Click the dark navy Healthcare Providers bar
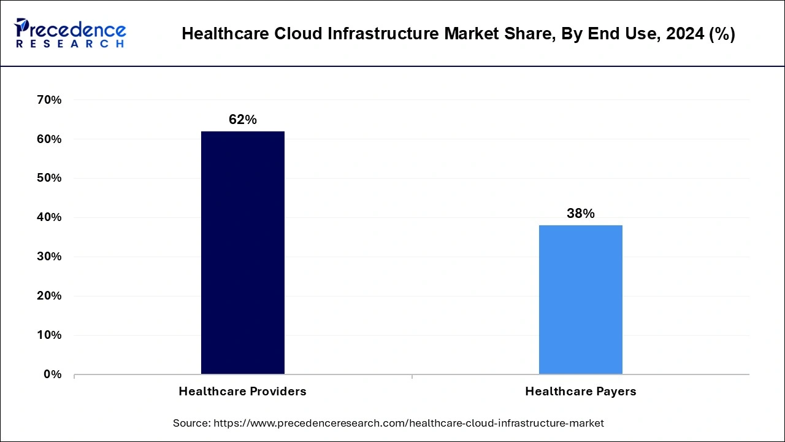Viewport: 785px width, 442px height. tap(242, 252)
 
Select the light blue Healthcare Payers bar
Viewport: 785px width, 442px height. tap(580, 300)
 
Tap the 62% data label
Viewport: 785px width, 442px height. tap(242, 120)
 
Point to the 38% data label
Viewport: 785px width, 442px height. tap(580, 214)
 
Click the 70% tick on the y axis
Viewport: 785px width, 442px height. tap(50, 100)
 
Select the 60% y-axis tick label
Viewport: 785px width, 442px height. tap(50, 139)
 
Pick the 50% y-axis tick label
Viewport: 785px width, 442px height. tap(50, 178)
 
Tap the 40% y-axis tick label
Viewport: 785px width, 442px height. tap(50, 217)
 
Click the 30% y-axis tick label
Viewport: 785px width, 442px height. tap(50, 257)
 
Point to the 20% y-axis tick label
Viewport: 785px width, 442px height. tap(50, 296)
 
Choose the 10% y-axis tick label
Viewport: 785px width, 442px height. tap(50, 335)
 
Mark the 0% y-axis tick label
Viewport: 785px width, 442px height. tap(53, 374)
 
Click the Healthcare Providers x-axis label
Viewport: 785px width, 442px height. tap(242, 391)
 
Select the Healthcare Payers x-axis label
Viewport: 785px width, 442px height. tap(580, 391)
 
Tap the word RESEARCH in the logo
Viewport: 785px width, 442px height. tap(70, 44)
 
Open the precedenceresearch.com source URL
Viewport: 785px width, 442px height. tap(409, 423)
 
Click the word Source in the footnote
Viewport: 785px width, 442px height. tap(191, 423)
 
